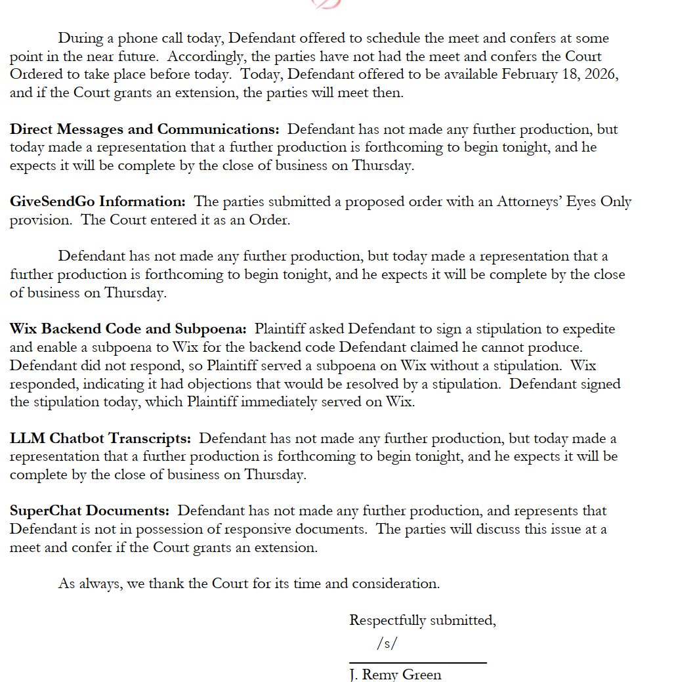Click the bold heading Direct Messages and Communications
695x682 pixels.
[144, 129]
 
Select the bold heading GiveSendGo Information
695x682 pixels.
[98, 202]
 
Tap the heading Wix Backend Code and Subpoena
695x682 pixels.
[129, 329]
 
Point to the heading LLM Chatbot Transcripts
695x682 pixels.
[100, 438]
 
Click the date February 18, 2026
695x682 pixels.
[560, 74]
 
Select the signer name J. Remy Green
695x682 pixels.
[395, 675]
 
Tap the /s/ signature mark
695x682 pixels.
[387, 643]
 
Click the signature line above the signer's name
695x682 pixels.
[417, 663]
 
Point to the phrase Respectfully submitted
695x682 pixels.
[422, 620]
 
